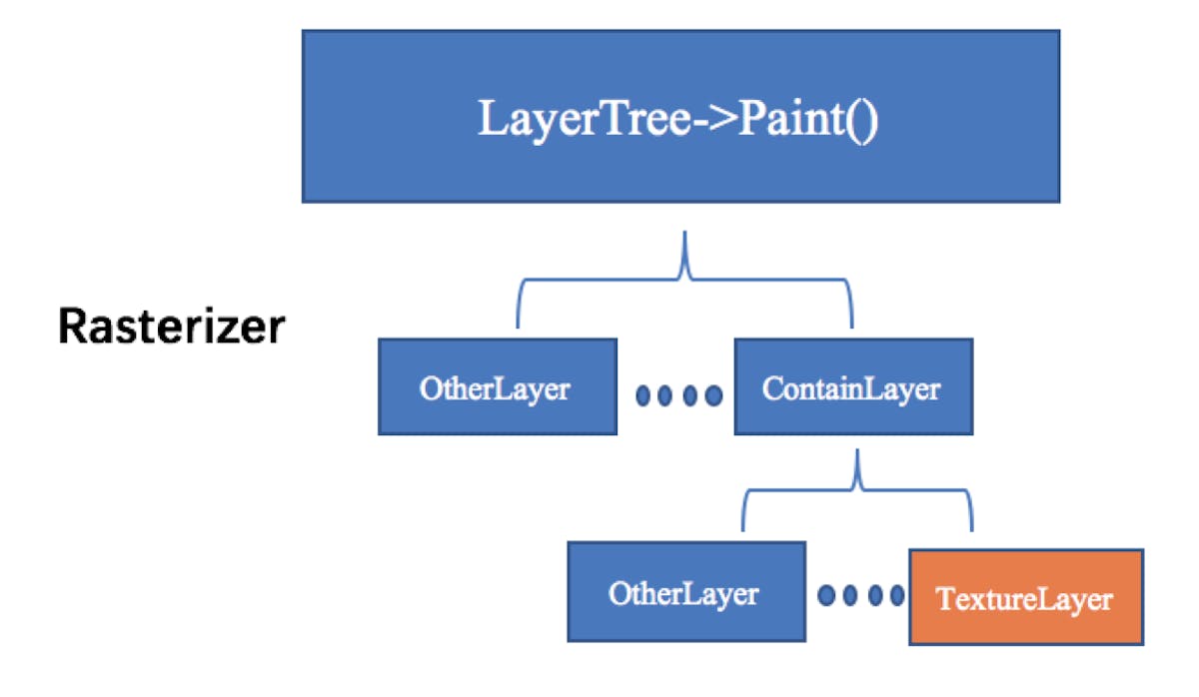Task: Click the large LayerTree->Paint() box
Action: click(x=680, y=116)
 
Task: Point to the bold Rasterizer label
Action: click(x=171, y=327)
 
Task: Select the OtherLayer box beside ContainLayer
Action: click(x=497, y=387)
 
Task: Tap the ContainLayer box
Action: click(x=852, y=387)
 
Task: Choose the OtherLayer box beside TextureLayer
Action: click(x=686, y=593)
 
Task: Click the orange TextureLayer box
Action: click(x=1025, y=597)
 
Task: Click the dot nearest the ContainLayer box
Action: click(x=713, y=395)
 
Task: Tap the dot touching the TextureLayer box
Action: click(x=897, y=596)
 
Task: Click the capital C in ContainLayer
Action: click(x=771, y=387)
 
